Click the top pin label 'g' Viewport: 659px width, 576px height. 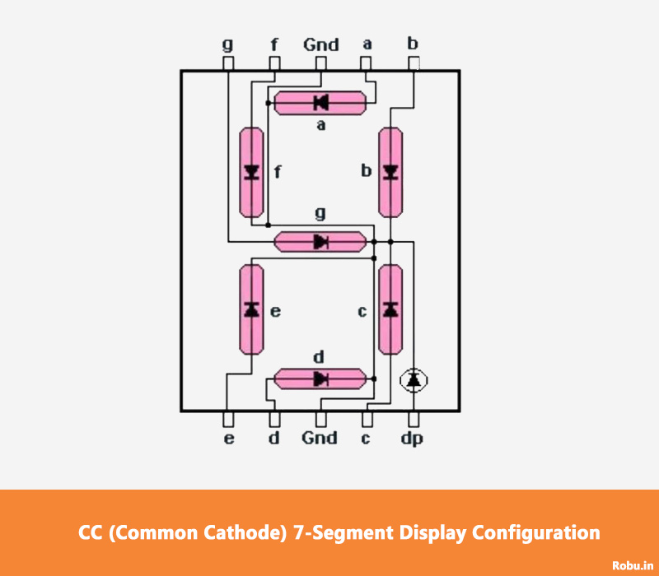click(228, 44)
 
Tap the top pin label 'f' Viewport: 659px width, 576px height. click(274, 44)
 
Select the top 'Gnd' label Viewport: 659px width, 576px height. click(321, 44)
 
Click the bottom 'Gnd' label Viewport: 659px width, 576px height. click(320, 438)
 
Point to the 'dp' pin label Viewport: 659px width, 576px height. click(412, 439)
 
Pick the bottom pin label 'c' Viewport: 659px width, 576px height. click(366, 439)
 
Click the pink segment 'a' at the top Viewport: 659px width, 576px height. click(320, 103)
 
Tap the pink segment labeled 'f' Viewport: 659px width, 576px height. click(252, 172)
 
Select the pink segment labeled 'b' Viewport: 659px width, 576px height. click(390, 172)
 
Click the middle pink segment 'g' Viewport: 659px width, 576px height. click(320, 241)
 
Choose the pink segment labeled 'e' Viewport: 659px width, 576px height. click(252, 309)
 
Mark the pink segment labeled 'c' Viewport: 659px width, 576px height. click(390, 309)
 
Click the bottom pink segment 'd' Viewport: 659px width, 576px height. click(320, 379)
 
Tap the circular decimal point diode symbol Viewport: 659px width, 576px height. click(414, 379)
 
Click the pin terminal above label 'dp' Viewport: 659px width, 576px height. click(414, 418)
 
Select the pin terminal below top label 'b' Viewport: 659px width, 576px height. click(414, 63)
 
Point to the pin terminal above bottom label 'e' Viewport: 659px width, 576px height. click(228, 418)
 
